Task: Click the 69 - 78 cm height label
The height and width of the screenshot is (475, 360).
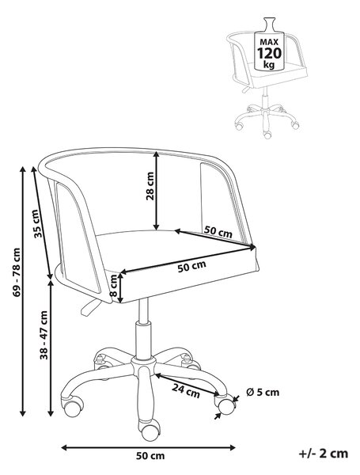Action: (x=17, y=272)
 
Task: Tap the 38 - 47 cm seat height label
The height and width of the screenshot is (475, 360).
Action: (x=44, y=335)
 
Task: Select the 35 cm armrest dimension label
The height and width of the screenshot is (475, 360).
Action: (x=36, y=223)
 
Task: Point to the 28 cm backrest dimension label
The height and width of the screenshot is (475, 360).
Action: (x=150, y=186)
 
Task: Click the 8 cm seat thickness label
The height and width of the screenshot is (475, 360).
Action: (x=113, y=285)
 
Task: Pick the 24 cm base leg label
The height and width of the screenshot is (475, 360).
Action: (x=186, y=390)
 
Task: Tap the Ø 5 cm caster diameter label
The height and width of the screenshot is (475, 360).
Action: (x=263, y=393)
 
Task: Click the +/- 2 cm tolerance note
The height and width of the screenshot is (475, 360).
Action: (x=324, y=454)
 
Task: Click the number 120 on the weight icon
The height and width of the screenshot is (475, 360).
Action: (x=269, y=53)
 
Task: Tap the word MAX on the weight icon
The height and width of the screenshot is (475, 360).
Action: (x=269, y=42)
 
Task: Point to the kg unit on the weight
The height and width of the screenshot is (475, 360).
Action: (x=269, y=65)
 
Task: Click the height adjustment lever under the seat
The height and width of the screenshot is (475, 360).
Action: (x=90, y=306)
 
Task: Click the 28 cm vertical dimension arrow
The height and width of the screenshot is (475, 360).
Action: (x=156, y=191)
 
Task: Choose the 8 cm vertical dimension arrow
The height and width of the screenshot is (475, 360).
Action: (x=121, y=287)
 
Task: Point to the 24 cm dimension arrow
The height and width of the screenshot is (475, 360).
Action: (x=187, y=385)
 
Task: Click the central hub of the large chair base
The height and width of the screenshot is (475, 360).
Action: (x=143, y=364)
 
